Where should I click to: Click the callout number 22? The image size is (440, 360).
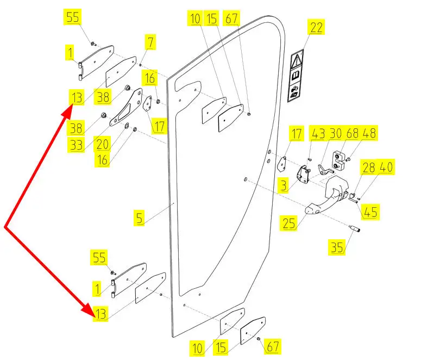316,27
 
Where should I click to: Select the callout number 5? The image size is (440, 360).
140,219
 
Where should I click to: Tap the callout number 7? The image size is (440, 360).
150,42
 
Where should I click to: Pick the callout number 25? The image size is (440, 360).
290,222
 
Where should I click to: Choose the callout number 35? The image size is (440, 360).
336,248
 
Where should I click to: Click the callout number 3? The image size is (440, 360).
283,185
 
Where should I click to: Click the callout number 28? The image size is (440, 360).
369,167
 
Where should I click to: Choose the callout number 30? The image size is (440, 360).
335,133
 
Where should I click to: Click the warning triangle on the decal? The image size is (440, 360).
298,59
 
